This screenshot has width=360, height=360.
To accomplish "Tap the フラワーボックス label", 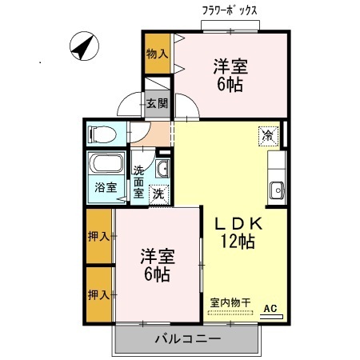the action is pos(230,11).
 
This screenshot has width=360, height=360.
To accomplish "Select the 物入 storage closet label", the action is pos(158,54).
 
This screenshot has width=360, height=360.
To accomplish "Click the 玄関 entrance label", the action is pos(158,103).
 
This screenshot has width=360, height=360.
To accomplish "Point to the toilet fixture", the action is pos(103,134).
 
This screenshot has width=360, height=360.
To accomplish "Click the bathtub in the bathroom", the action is pos(106,163).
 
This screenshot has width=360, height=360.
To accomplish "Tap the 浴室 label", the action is pos(106,187).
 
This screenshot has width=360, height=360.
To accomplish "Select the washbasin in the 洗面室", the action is pos(162,169).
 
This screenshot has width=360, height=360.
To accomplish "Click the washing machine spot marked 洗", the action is pos(159,194).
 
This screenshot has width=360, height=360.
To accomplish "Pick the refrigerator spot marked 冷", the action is pos(268,136).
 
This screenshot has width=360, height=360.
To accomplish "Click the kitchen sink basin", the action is pos(277,190).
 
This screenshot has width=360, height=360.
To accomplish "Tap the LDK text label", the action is pos(238,224).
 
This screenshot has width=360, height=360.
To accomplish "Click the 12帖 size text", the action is pos(238,242).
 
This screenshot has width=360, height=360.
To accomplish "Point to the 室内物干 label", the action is pos(230,302).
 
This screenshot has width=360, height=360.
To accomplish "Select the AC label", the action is pos(270,309).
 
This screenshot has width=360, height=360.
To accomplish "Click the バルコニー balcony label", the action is pos(188,339).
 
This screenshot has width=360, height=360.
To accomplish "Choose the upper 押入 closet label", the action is pos(98,236).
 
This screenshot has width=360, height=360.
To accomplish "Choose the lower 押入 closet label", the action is pos(98,295).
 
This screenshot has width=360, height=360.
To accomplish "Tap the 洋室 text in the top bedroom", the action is pos(230,66).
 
